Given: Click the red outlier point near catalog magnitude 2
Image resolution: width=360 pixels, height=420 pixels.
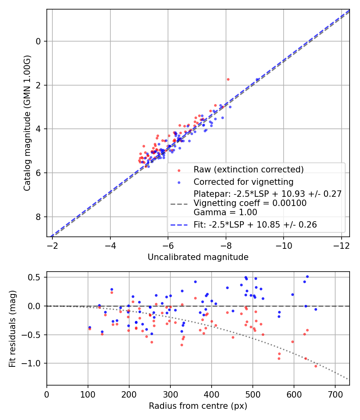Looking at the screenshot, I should [x=228, y=79].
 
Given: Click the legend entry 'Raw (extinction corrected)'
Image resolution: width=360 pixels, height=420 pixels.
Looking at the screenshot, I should [x=248, y=169].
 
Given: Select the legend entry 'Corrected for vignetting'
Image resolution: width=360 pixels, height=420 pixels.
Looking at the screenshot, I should [x=243, y=182].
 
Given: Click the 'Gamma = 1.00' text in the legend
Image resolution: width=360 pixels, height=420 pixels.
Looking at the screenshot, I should [x=225, y=212].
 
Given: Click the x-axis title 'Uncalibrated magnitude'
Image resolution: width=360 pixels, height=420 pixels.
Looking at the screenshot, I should [x=198, y=257].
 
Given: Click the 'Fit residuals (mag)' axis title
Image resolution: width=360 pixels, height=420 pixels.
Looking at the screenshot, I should [x=12, y=328].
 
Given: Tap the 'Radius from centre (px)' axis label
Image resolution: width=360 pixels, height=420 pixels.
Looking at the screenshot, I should [x=198, y=406].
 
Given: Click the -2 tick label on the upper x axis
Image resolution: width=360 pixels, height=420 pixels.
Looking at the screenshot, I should [x=52, y=244].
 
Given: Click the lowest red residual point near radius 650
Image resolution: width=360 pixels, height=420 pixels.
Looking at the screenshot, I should [x=316, y=366].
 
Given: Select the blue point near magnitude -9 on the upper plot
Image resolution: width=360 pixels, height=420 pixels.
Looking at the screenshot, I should [x=257, y=80].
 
